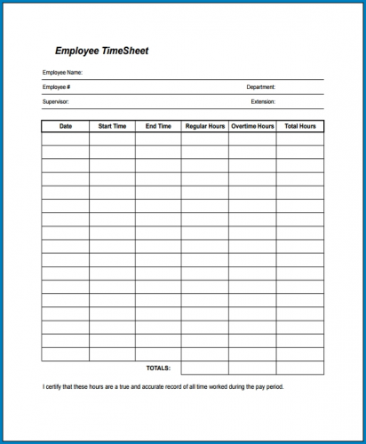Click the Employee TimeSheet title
pyautogui.click(x=102, y=52)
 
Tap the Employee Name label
pyautogui.click(x=62, y=72)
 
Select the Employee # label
pyautogui.click(x=56, y=87)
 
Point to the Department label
pyautogui.click(x=261, y=87)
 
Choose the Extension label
pyautogui.click(x=263, y=102)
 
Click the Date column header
pyautogui.click(x=65, y=127)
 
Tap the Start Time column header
pyautogui.click(x=112, y=127)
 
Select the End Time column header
pyautogui.click(x=158, y=127)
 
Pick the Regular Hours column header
pyautogui.click(x=204, y=127)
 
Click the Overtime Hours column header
pyautogui.click(x=252, y=127)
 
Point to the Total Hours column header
pyautogui.click(x=300, y=127)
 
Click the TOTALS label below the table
pyautogui.click(x=158, y=368)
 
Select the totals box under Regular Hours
pyautogui.click(x=204, y=368)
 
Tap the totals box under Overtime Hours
pyautogui.click(x=252, y=368)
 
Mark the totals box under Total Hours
pyautogui.click(x=300, y=368)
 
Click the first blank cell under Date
pyautogui.click(x=65, y=139)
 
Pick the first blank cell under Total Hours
pyautogui.click(x=300, y=139)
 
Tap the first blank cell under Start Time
pyautogui.click(x=112, y=139)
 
